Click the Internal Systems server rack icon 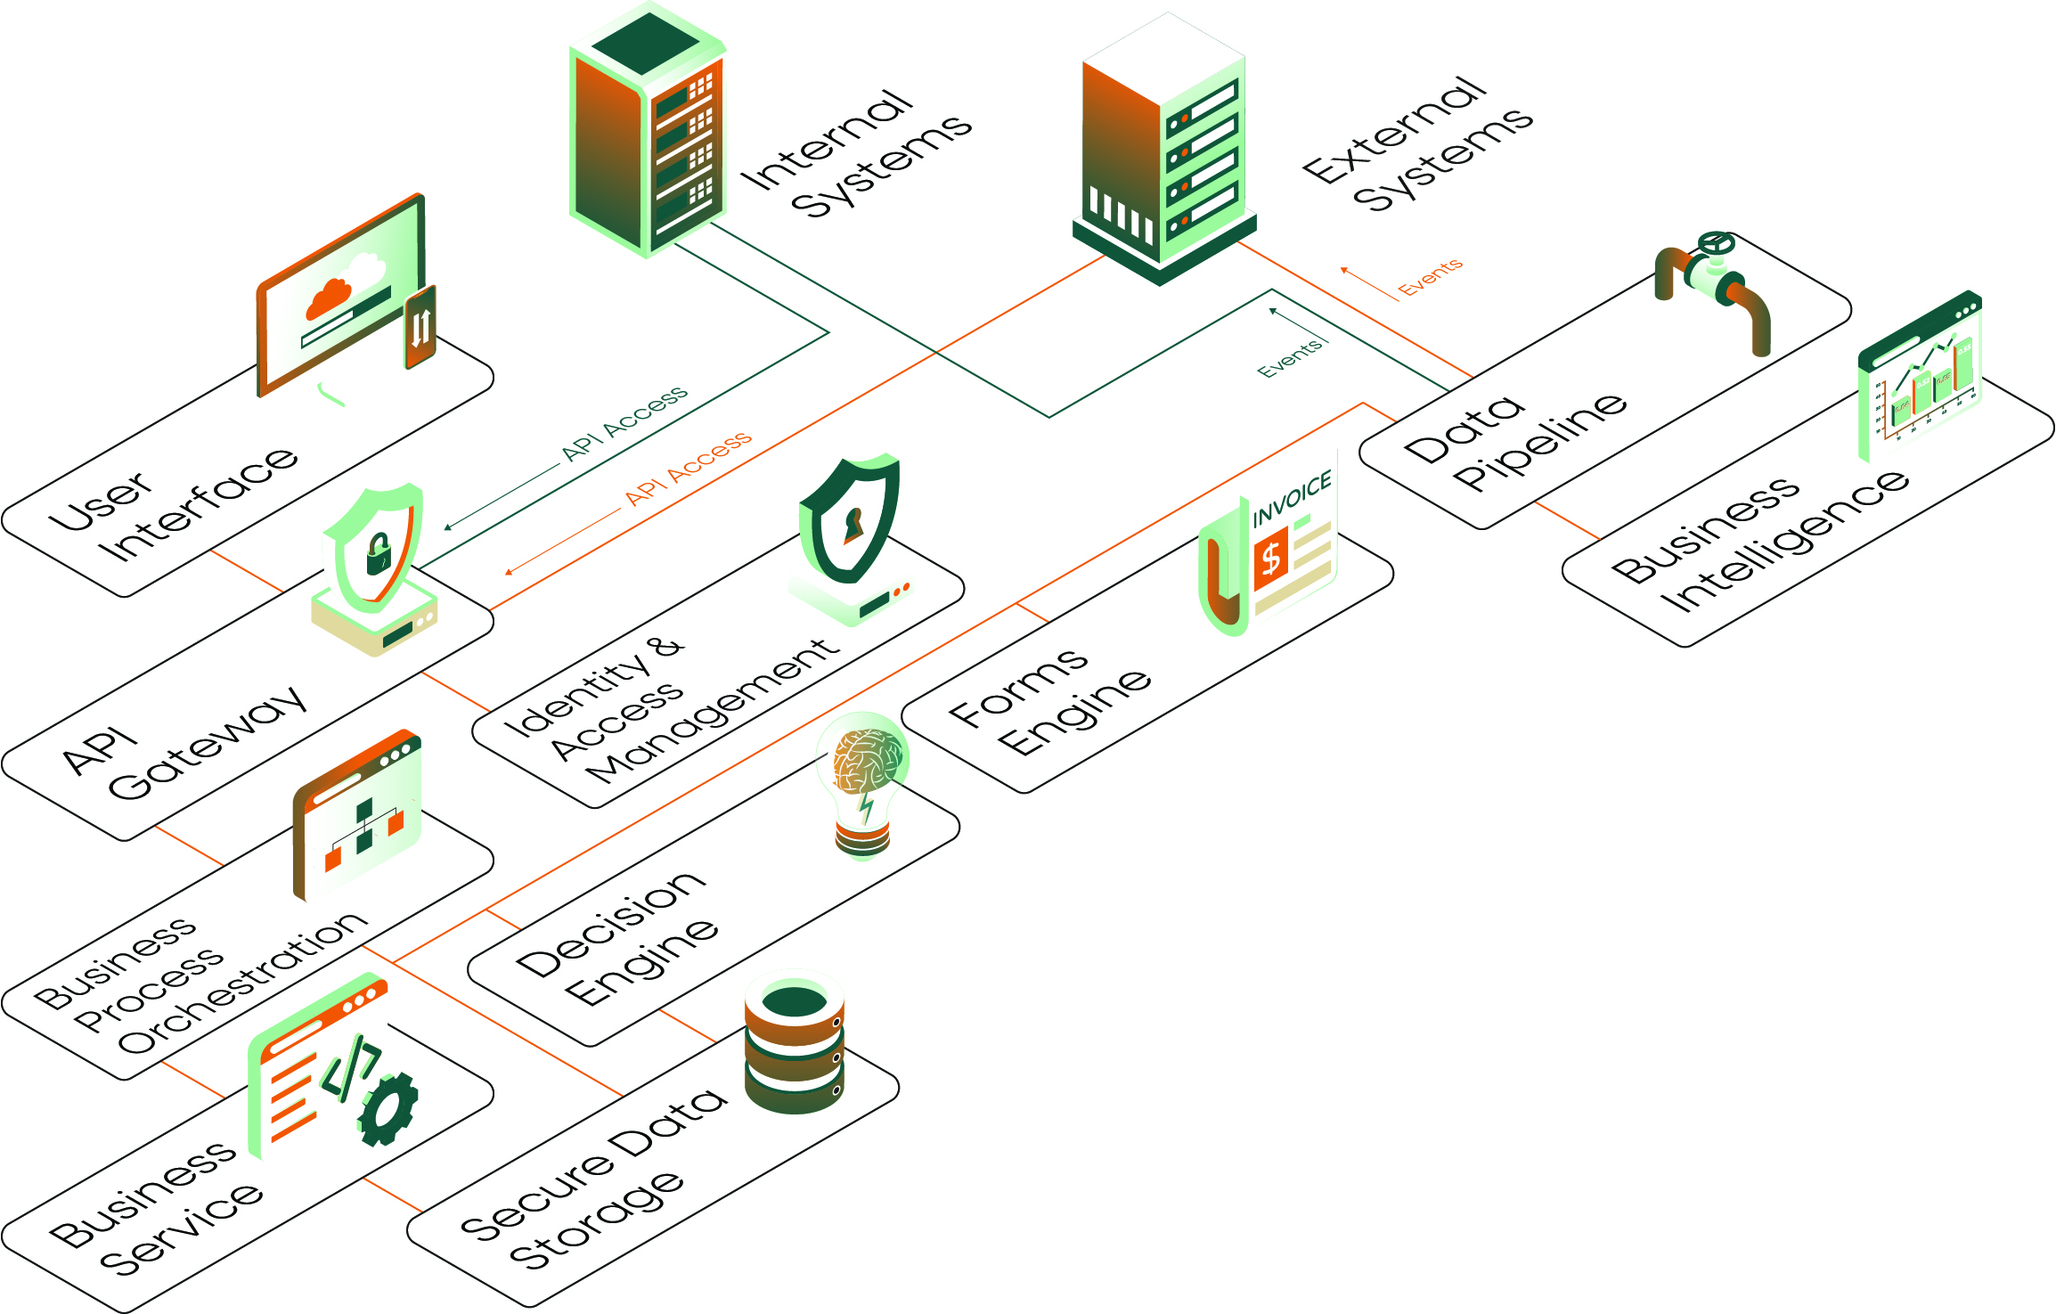pyautogui.click(x=649, y=134)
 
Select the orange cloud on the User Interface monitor pyautogui.click(x=328, y=298)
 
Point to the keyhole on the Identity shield pyautogui.click(x=853, y=525)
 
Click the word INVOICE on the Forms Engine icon pyautogui.click(x=1292, y=499)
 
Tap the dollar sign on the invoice pyautogui.click(x=1271, y=559)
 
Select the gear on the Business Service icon pyautogui.click(x=388, y=1109)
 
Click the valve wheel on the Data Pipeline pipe pyautogui.click(x=1715, y=242)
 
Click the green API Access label pyautogui.click(x=624, y=423)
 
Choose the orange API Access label pyautogui.click(x=688, y=468)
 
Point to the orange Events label pyautogui.click(x=1430, y=277)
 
